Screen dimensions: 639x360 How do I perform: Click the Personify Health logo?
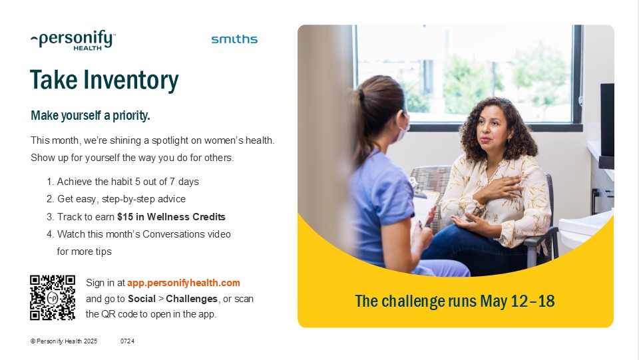click(73, 40)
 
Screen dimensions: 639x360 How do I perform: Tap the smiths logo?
click(234, 39)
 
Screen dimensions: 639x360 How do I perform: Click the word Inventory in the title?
click(131, 80)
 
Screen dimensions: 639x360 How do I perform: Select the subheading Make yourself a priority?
click(91, 116)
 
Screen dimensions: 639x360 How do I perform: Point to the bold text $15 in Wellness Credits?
click(171, 217)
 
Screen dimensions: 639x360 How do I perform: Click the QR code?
click(53, 297)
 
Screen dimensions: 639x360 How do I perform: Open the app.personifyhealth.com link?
click(184, 283)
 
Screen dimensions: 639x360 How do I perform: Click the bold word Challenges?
click(192, 299)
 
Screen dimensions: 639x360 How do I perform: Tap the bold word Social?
click(142, 299)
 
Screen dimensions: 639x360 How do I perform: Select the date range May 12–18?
click(518, 301)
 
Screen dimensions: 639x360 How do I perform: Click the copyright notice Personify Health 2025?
click(64, 341)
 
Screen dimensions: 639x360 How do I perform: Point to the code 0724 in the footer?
click(127, 341)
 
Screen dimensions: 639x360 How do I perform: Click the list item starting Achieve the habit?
click(122, 182)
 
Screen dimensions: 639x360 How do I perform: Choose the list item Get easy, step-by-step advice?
click(116, 199)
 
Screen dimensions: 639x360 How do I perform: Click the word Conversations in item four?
click(174, 234)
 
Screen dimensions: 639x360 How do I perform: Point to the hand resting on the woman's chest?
click(498, 188)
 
